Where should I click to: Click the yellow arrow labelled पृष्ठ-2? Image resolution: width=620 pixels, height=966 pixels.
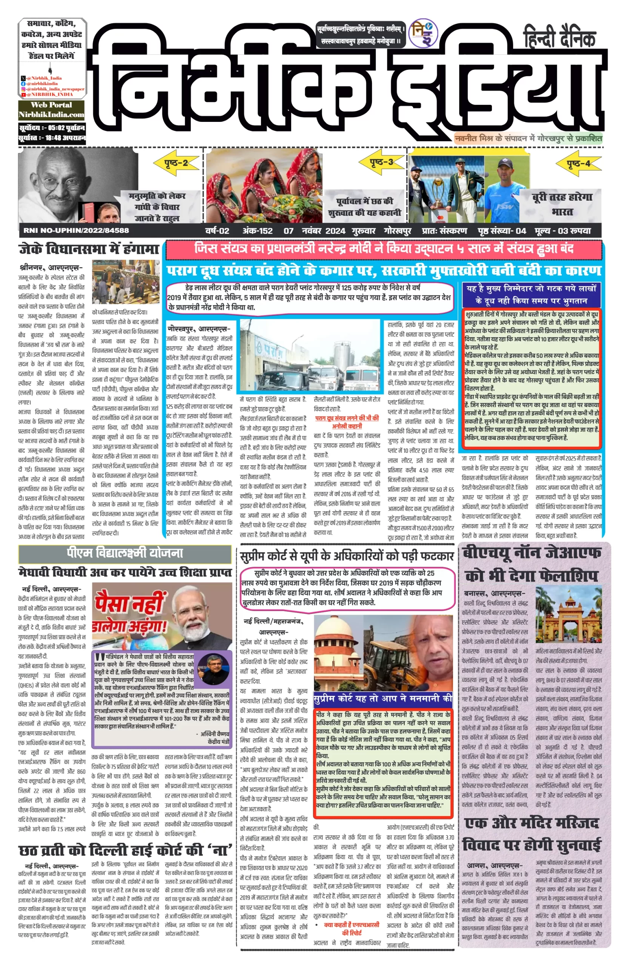[x=176, y=163]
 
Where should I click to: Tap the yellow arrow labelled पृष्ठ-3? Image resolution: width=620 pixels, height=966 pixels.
[x=381, y=163]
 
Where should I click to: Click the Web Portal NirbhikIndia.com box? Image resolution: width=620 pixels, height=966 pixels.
[x=51, y=110]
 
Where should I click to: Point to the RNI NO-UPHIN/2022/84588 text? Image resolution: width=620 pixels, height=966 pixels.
[x=76, y=231]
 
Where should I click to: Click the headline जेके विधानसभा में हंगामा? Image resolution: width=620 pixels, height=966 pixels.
[x=89, y=249]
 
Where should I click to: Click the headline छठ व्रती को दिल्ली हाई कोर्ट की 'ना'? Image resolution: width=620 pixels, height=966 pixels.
[x=125, y=851]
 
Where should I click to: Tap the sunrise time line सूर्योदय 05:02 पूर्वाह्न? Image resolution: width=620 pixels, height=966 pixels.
[x=52, y=128]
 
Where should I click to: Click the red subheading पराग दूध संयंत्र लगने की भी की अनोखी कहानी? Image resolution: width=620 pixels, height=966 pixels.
[x=347, y=422]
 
